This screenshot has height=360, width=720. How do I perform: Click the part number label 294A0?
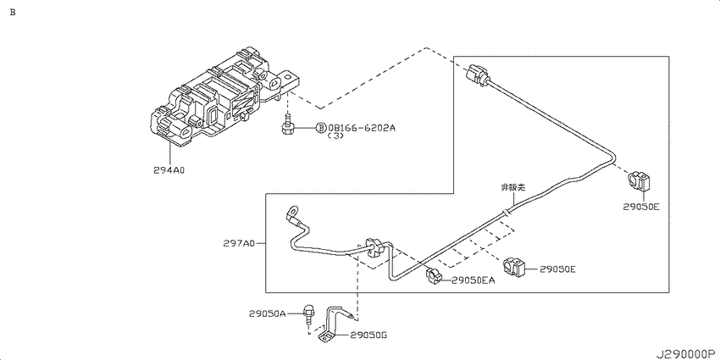tap(169, 169)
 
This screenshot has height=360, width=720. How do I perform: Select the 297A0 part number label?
tap(239, 244)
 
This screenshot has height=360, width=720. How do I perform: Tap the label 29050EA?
tap(473, 280)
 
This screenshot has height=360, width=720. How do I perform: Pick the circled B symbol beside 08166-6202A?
tap(321, 128)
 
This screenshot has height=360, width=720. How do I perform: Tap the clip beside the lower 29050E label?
tap(515, 266)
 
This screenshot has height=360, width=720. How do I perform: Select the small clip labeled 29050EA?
tap(434, 275)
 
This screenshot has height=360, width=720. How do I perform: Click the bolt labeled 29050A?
tap(309, 316)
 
